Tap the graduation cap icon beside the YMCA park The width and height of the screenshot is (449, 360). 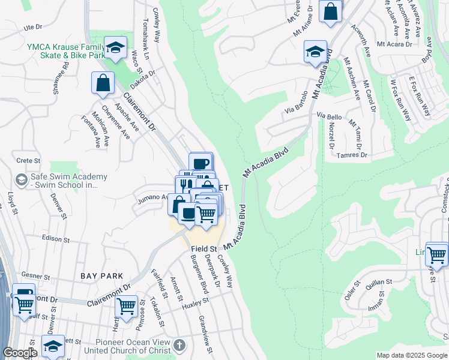tap(115, 48)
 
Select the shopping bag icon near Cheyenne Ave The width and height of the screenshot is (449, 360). tap(103, 83)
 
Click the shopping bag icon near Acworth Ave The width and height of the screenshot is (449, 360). tap(330, 11)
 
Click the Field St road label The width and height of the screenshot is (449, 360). tap(203, 248)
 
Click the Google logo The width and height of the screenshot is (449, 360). tap(20, 353)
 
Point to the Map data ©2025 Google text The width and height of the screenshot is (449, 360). tap(412, 355)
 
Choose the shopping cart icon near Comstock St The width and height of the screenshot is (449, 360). tap(436, 254)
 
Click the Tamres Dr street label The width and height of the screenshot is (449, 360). tap(351, 155)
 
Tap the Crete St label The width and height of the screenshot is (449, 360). tap(28, 161)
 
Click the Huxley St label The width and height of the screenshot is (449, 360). tap(196, 302)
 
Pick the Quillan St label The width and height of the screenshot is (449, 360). tap(379, 281)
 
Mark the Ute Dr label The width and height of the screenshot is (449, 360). tap(33, 28)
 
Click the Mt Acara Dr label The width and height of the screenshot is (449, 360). tap(394, 44)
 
